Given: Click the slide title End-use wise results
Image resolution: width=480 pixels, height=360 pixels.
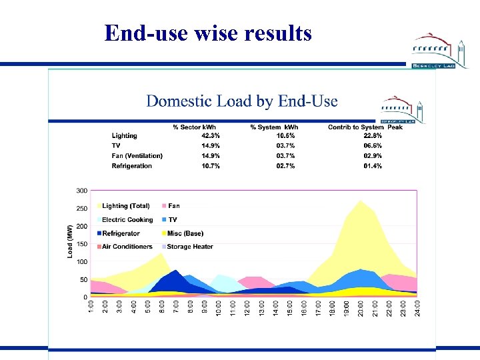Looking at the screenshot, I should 208,33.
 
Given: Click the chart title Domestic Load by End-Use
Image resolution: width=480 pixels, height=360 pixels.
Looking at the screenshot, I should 241,101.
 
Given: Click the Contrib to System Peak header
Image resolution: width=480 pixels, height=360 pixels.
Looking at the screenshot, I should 365,127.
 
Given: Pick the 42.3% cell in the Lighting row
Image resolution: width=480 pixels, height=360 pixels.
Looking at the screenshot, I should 211,136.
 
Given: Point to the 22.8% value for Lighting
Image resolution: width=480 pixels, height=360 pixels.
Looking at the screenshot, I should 373,136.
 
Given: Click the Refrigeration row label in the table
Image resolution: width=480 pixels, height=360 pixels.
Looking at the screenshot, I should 132,166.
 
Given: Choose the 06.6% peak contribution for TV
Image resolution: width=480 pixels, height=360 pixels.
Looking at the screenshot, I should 373,146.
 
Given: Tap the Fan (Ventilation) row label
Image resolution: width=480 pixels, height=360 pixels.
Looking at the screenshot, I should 137,156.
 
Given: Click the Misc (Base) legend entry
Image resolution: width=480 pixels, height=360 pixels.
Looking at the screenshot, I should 185,233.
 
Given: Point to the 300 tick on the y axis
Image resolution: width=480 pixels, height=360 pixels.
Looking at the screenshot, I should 81,191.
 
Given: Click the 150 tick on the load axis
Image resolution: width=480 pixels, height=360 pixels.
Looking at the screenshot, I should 81,244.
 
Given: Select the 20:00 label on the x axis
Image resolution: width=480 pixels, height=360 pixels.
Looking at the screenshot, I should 361,309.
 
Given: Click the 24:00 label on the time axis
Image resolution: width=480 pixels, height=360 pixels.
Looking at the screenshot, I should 417,309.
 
